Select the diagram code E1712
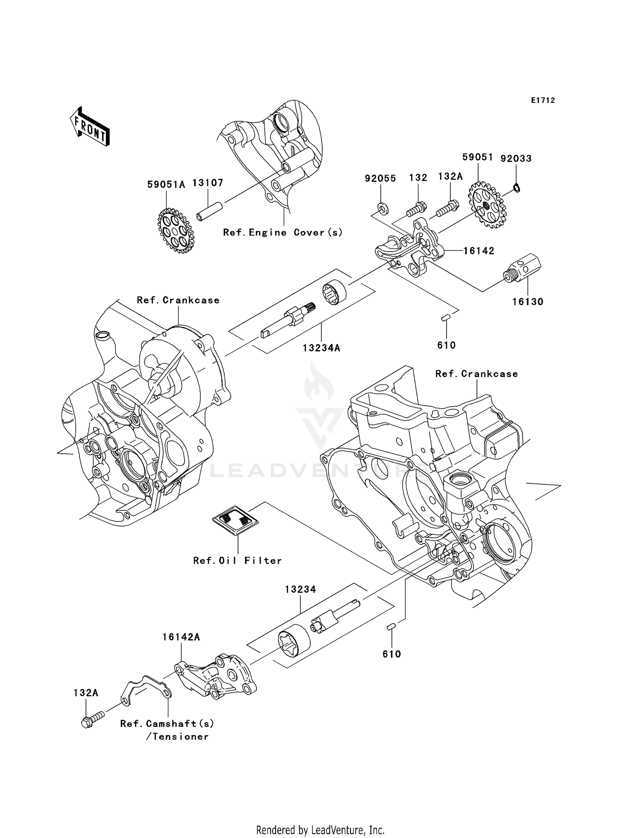pos(543,100)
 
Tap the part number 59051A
pos(166,185)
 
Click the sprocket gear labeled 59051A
pos(175,231)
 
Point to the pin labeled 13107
pos(210,211)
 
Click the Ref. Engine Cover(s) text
pos(282,233)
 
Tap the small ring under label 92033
pos(516,188)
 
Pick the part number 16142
pos(479,251)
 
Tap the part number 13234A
pos(321,348)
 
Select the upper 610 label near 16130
pos(447,345)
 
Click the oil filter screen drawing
pos(235,520)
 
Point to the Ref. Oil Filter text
pos(238,561)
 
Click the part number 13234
pos(300,589)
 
